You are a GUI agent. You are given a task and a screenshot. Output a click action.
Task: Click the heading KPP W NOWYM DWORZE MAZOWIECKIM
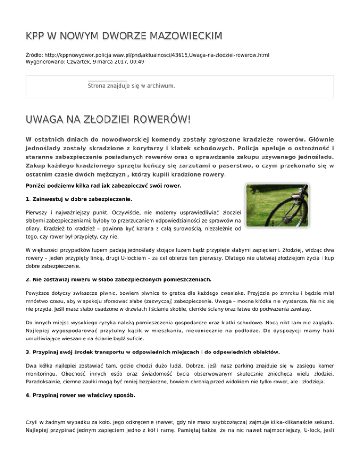124,36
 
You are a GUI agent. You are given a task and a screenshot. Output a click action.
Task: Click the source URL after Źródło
158,55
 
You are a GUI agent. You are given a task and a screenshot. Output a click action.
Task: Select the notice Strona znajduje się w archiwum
131,86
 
